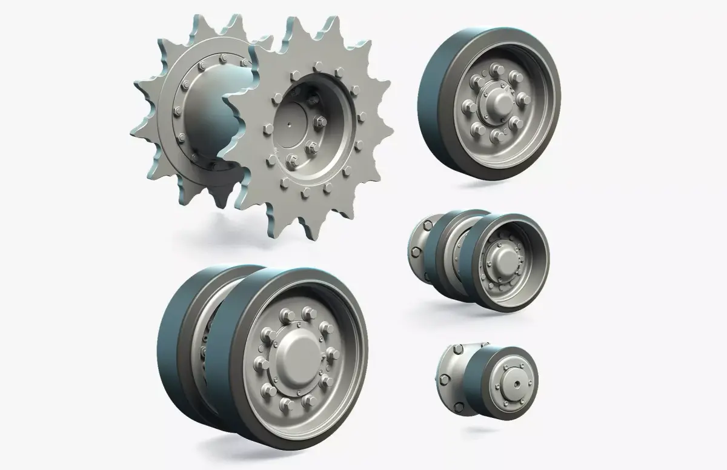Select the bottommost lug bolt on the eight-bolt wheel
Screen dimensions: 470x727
(x=498, y=134)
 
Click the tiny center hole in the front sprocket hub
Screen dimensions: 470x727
(x=291, y=126)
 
